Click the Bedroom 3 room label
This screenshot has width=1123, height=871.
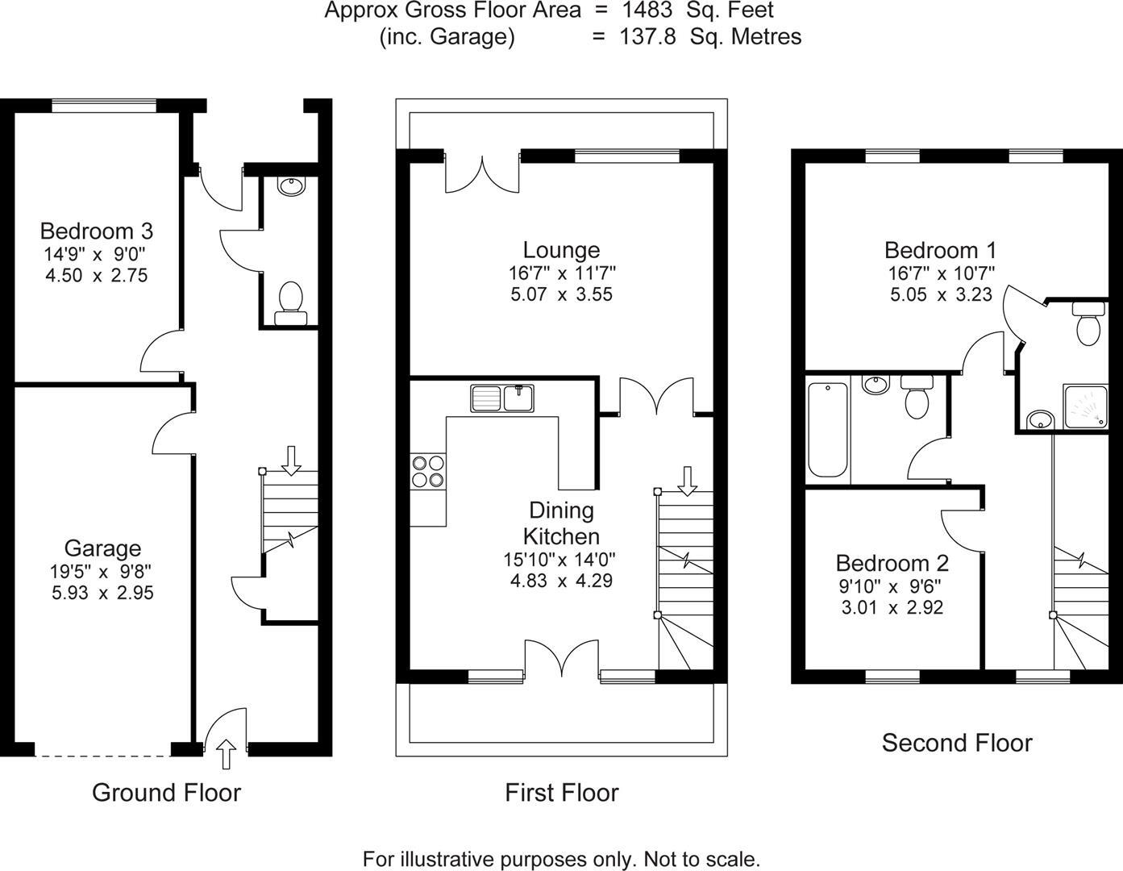click(x=96, y=231)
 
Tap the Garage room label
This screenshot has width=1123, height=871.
click(x=102, y=548)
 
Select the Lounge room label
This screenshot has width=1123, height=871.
click(x=561, y=250)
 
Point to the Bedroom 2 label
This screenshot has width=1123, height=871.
click(x=892, y=563)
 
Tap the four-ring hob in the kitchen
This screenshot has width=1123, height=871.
click(x=428, y=471)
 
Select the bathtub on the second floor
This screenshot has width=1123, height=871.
click(x=827, y=429)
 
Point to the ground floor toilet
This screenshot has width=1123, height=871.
click(x=289, y=302)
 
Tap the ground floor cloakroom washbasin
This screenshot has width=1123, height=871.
click(x=290, y=186)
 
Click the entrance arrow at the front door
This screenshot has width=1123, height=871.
click(x=227, y=754)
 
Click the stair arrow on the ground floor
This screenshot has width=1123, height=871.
click(x=291, y=459)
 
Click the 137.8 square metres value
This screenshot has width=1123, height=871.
click(x=647, y=36)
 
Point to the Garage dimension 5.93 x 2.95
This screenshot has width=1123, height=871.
click(x=101, y=594)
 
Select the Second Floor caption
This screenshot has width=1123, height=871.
click(x=956, y=743)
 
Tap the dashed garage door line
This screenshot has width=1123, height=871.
click(x=102, y=756)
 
